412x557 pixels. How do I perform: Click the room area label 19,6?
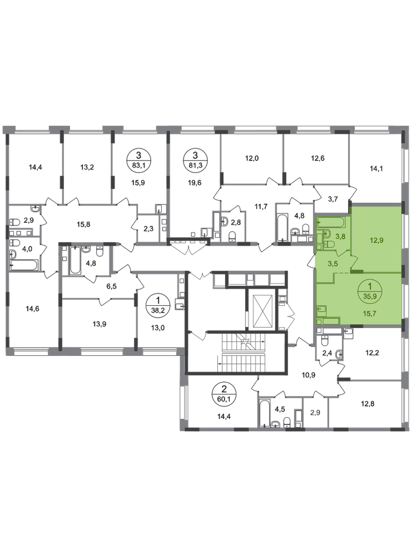click(x=194, y=183)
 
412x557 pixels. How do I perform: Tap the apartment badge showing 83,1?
click(x=138, y=160)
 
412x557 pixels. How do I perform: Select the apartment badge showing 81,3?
click(x=195, y=160)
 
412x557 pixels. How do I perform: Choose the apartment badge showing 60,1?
click(x=224, y=394)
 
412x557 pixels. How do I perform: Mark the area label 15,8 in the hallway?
click(x=83, y=224)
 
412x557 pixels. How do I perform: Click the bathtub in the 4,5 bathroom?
click(x=265, y=413)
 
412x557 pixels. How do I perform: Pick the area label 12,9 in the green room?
click(x=376, y=240)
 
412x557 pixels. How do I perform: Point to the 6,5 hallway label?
click(x=112, y=286)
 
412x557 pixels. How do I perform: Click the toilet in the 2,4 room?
click(x=324, y=341)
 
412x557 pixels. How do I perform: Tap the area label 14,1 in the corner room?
click(x=376, y=169)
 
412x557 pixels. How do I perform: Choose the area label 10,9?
click(x=299, y=375)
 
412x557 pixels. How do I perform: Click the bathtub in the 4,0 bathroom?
click(x=24, y=265)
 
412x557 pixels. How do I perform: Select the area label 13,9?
click(x=100, y=324)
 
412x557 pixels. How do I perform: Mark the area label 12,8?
click(x=368, y=403)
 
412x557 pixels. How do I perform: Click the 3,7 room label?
click(x=332, y=199)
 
